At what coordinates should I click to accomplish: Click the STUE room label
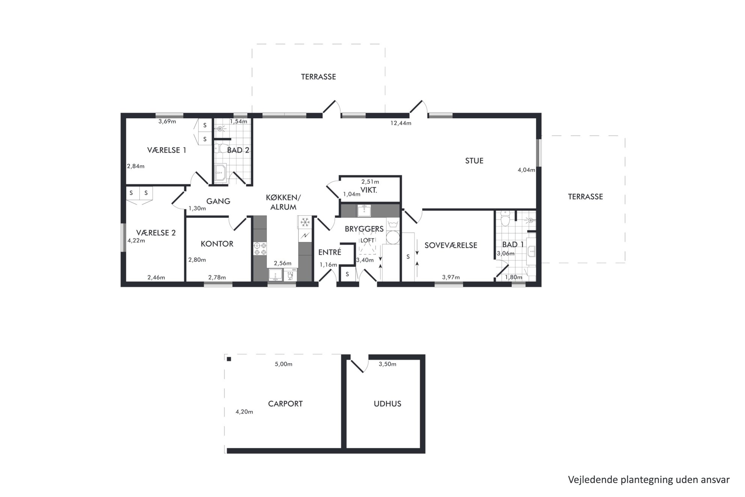(x=474, y=161)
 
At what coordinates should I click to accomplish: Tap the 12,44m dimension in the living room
(x=401, y=123)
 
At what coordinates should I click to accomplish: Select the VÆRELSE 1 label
(x=167, y=150)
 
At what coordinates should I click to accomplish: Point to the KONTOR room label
(x=217, y=244)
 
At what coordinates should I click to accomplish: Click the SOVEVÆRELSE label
(x=451, y=245)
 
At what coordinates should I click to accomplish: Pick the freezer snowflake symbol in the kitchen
(x=305, y=222)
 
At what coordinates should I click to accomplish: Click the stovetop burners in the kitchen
(x=260, y=249)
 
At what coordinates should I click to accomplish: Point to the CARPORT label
(x=285, y=404)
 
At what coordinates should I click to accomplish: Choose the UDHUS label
(x=388, y=404)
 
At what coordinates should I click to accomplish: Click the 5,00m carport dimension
(x=284, y=364)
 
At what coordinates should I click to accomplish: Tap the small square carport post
(x=229, y=359)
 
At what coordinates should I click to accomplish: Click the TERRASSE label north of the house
(x=318, y=77)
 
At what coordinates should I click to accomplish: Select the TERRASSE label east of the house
(x=585, y=196)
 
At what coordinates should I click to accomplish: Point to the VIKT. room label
(x=369, y=190)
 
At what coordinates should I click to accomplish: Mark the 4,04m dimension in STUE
(x=526, y=170)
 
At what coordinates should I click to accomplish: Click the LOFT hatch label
(x=367, y=240)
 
